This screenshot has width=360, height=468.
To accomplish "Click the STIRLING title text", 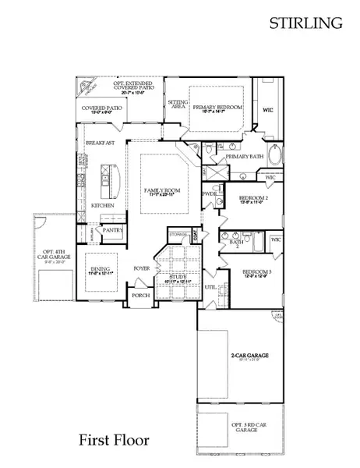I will tap(306, 23).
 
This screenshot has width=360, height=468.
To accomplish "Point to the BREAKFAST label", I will tap(101, 143).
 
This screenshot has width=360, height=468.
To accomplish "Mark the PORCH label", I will tap(140, 296).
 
